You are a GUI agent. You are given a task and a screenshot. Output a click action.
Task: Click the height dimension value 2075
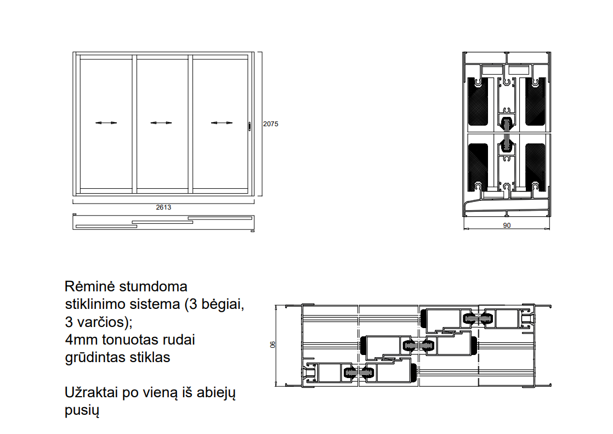[270, 123]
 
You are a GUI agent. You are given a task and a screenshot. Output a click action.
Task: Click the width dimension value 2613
[163, 207]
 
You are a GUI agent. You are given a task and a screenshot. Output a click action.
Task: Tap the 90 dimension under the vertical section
[507, 226]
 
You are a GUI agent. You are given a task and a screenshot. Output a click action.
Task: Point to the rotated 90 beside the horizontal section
[273, 345]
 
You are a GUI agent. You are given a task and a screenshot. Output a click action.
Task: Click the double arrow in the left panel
[106, 123]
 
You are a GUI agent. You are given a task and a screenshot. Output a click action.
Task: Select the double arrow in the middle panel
[161, 123]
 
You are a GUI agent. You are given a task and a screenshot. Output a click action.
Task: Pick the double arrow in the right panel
[222, 123]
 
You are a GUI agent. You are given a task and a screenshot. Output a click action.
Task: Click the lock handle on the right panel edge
[249, 126]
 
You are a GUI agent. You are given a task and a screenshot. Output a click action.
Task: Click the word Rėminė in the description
[90, 286]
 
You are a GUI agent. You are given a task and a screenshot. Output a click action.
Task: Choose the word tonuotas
[129, 340]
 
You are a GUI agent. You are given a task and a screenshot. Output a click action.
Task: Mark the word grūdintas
[93, 358]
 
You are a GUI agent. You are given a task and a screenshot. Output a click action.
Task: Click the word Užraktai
[92, 392]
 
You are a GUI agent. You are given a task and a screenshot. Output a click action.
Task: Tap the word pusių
[82, 410]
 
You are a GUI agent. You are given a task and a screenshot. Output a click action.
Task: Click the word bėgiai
[223, 304]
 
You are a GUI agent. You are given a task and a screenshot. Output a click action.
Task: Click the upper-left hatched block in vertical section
[478, 102]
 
